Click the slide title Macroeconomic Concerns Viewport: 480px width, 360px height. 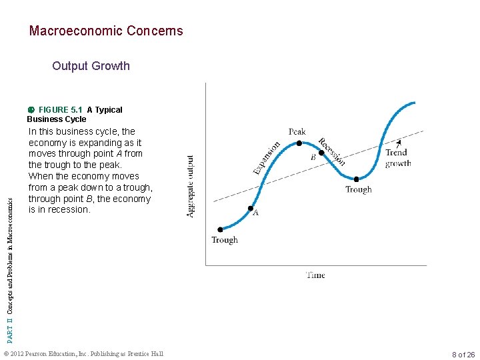click(x=105, y=31)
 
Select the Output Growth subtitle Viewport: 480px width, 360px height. click(x=91, y=65)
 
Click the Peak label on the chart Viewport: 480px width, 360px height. click(x=297, y=131)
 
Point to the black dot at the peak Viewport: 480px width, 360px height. click(x=299, y=143)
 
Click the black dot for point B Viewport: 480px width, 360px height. click(x=321, y=153)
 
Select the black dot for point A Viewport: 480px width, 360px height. click(x=251, y=209)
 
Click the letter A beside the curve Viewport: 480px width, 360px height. click(x=255, y=213)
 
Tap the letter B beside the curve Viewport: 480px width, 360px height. click(x=313, y=158)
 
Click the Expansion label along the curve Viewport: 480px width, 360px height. click(x=267, y=159)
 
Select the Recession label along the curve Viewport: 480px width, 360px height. click(x=331, y=152)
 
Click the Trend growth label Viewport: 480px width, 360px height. click(x=397, y=158)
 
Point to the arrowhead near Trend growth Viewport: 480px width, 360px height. click(x=399, y=142)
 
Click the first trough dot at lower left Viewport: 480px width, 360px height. click(x=219, y=229)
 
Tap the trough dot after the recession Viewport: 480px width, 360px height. click(x=357, y=179)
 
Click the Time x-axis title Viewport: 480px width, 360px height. click(x=315, y=275)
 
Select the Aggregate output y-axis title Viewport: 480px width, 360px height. click(x=191, y=187)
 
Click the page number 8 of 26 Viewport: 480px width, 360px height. click(x=463, y=355)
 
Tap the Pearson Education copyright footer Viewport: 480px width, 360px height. click(x=83, y=354)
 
